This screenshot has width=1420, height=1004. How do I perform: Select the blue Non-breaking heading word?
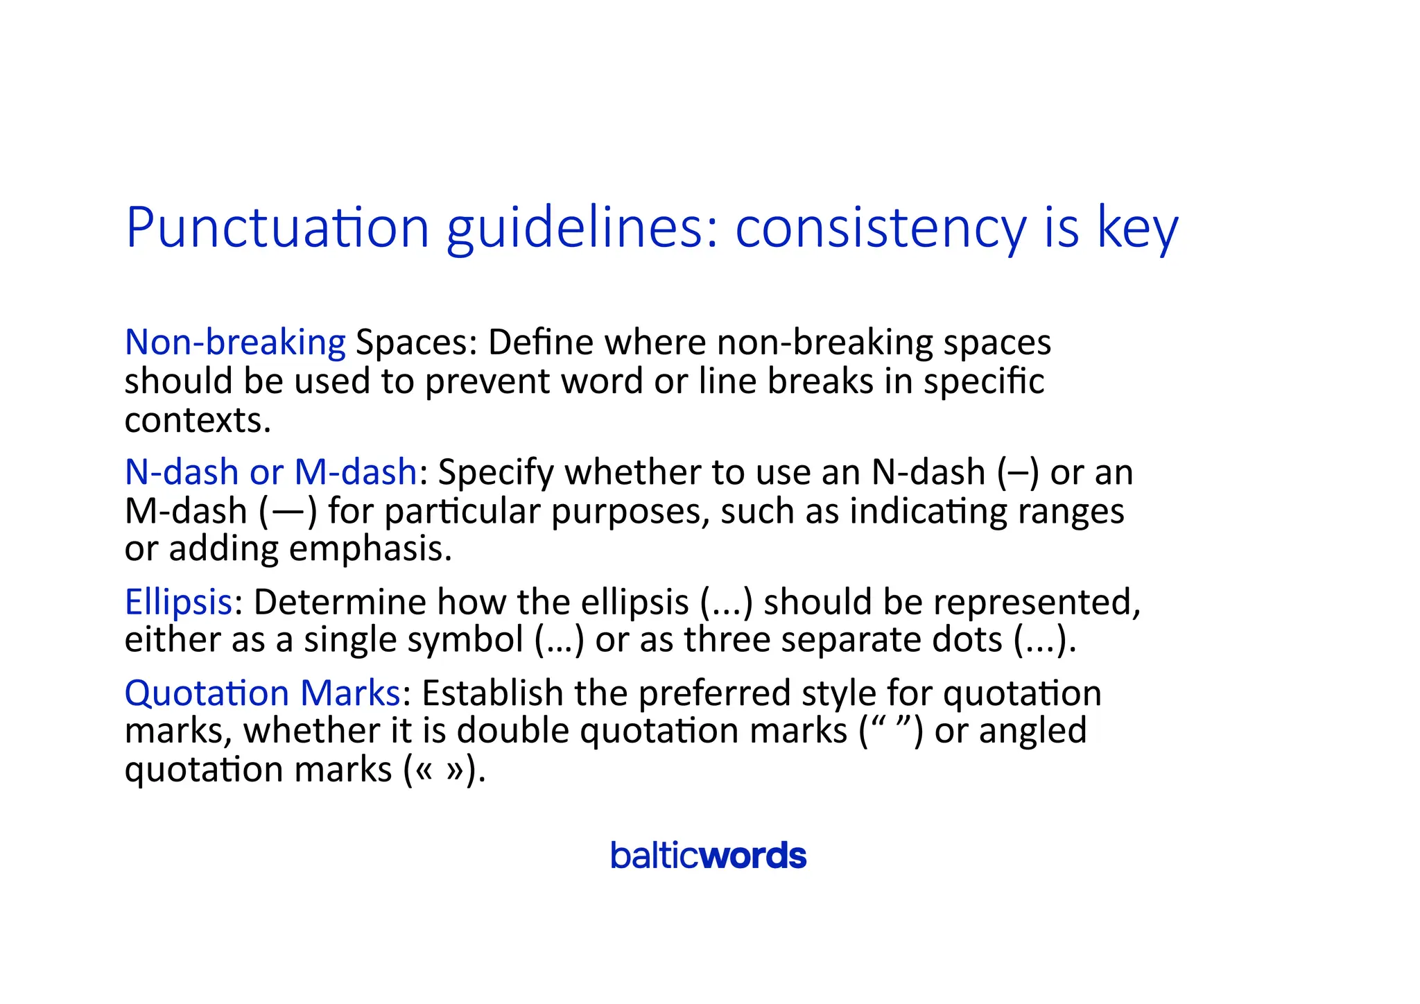click(x=235, y=343)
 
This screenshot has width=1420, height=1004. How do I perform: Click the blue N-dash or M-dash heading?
click(x=271, y=472)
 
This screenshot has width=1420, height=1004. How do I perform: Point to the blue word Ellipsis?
click(x=178, y=602)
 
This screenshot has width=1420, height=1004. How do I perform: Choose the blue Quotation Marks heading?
click(x=262, y=693)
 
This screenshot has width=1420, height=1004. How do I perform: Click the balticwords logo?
click(x=708, y=856)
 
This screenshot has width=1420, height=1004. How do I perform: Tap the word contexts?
click(x=197, y=421)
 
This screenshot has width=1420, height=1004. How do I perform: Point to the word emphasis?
click(x=370, y=548)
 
